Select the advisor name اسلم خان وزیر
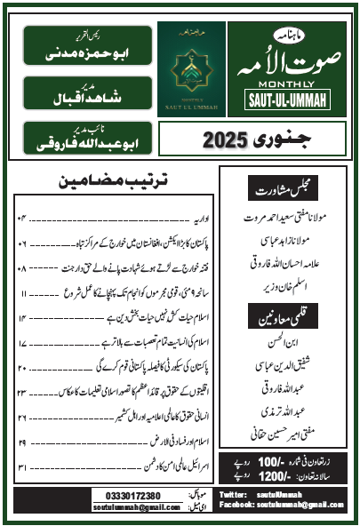click(289, 287)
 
